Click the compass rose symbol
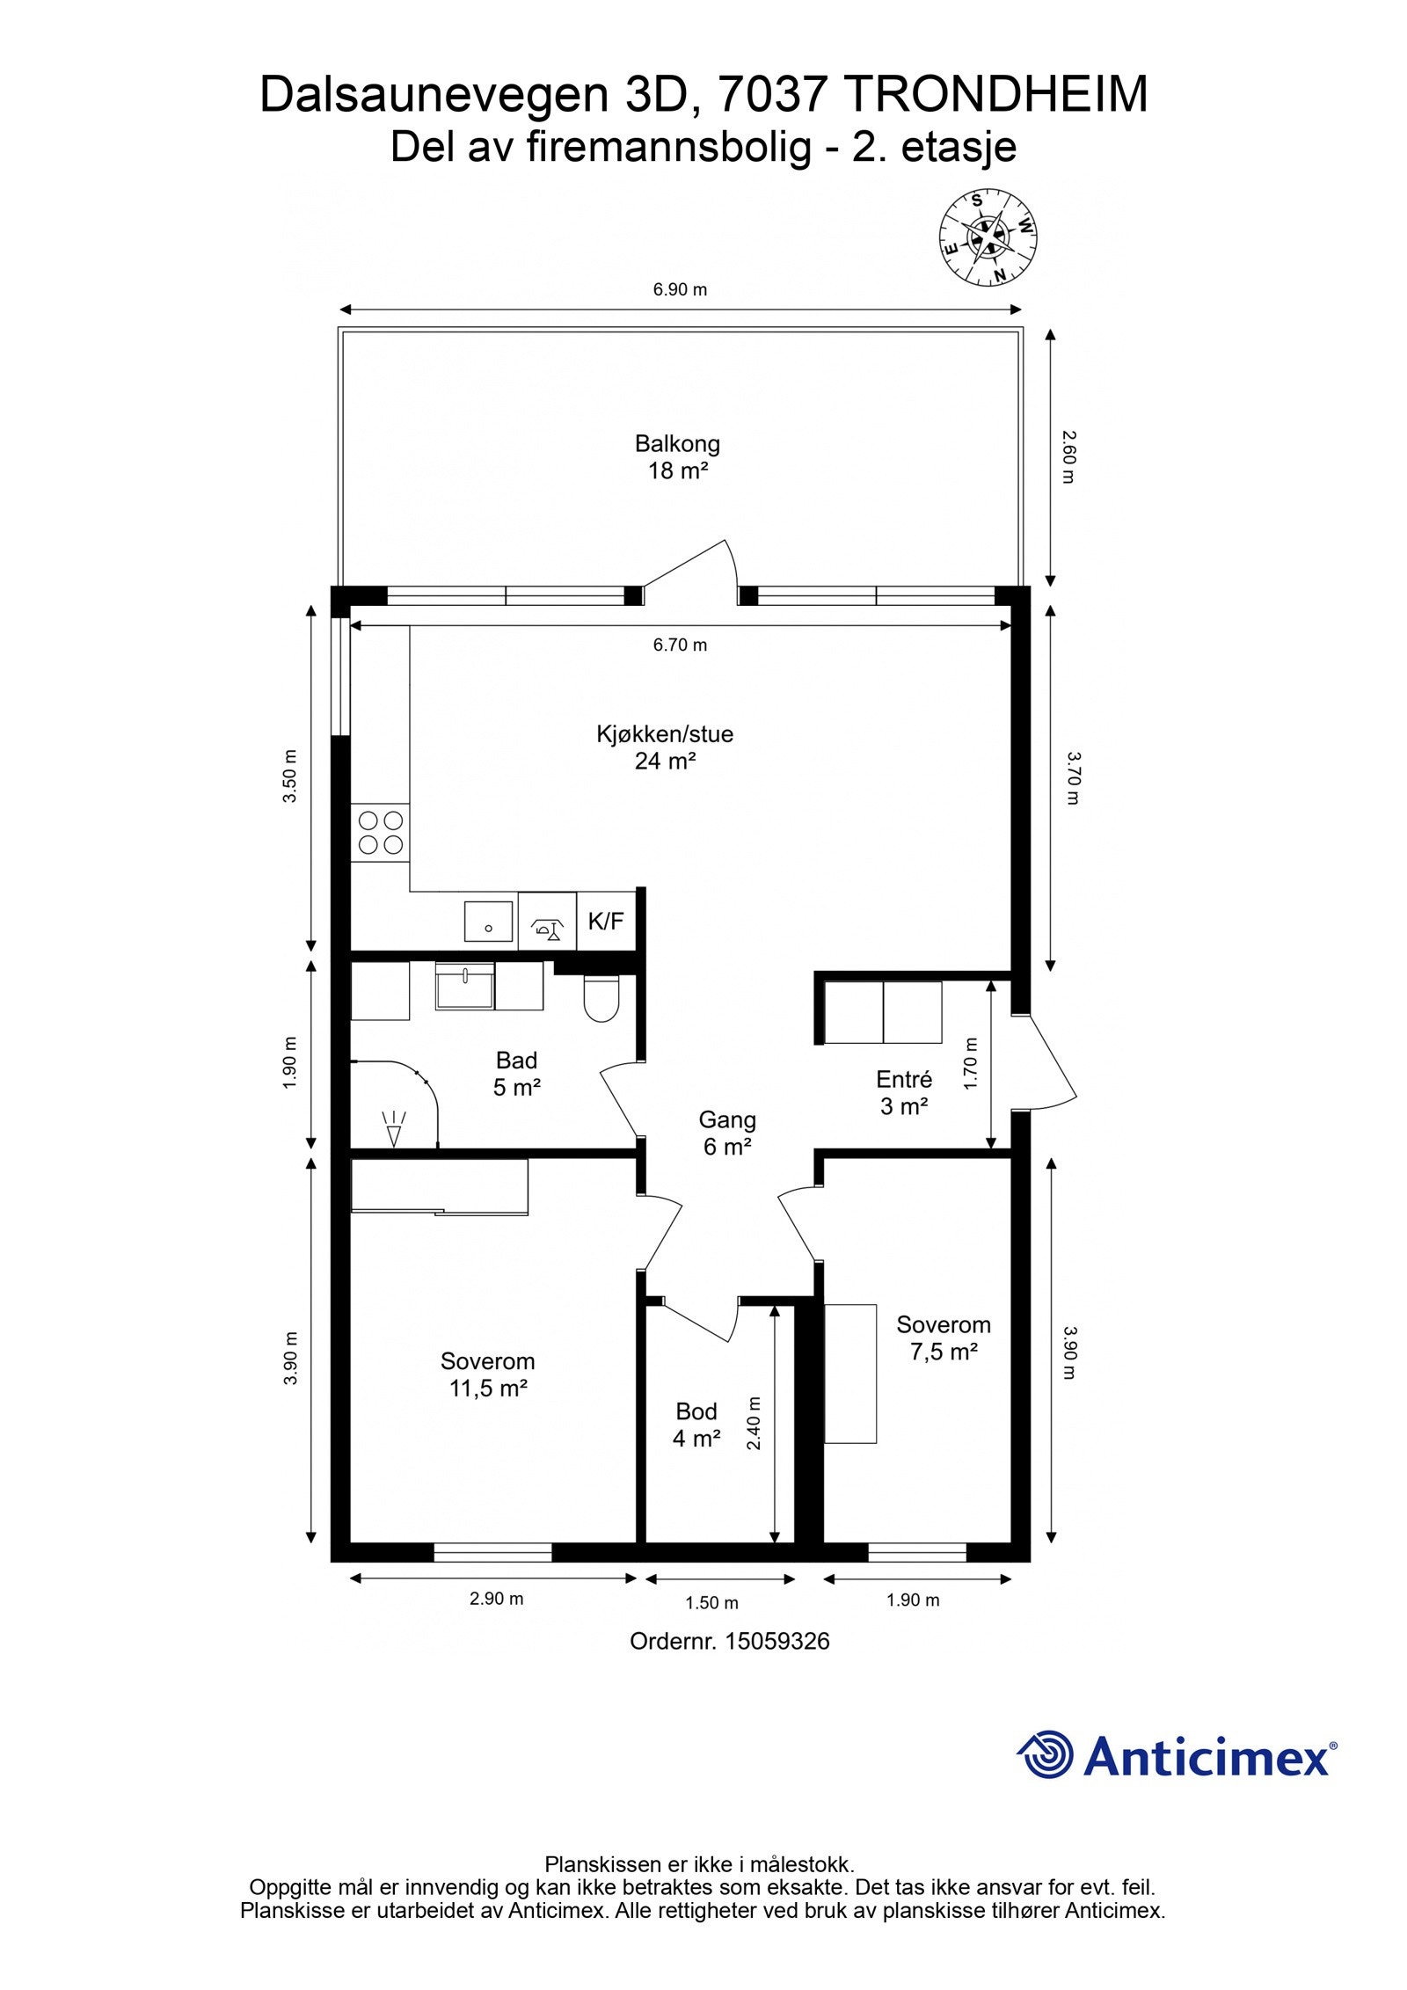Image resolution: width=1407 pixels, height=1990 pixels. click(989, 237)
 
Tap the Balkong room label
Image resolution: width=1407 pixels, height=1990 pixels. click(677, 457)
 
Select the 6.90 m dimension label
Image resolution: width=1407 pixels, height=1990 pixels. click(680, 289)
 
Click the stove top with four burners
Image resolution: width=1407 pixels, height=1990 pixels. click(381, 833)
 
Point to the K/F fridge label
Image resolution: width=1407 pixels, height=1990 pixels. click(606, 922)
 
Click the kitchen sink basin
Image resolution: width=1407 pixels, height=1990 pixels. click(489, 921)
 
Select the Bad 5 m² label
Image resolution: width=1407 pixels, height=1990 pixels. click(516, 1074)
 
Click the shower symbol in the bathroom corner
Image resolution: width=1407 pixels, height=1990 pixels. click(393, 1127)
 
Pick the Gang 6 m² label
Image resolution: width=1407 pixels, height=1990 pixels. click(727, 1133)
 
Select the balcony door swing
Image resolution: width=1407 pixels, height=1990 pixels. click(695, 572)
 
